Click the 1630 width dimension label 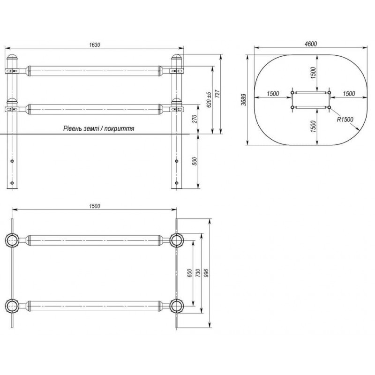tap(95, 45)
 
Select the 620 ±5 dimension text tap(209, 100)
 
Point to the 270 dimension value tap(195, 119)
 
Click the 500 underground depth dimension tap(195, 161)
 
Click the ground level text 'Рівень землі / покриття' tap(98, 128)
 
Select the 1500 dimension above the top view tap(95, 206)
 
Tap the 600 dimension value tap(190, 273)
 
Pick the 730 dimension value tap(198, 273)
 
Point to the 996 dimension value tap(206, 273)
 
